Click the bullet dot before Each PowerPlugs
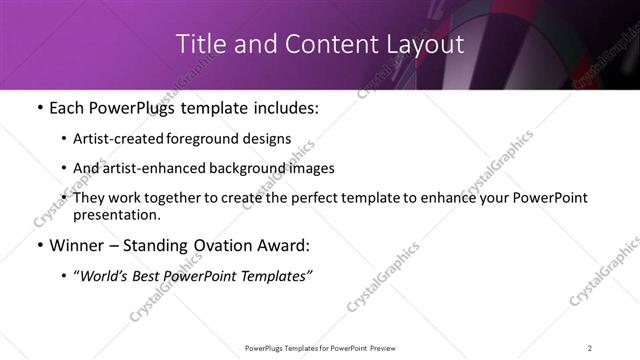click(39, 109)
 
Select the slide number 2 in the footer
click(590, 347)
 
